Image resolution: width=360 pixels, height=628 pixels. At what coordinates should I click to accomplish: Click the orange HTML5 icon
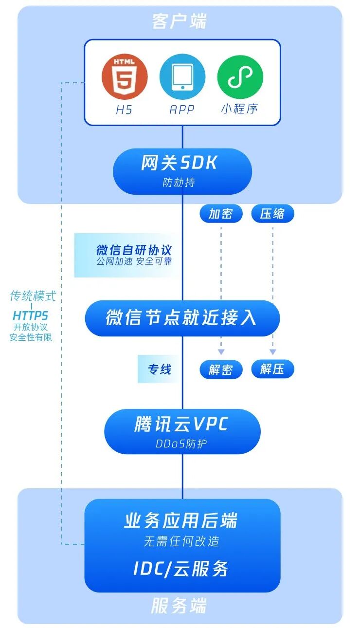pos(124,77)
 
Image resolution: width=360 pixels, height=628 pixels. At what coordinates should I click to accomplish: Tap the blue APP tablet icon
pos(182,77)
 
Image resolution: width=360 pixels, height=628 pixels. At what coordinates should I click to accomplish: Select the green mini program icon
pos(240,77)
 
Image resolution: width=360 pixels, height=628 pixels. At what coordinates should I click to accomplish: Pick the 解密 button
pos(221,369)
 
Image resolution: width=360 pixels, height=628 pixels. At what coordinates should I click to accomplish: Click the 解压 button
pos(272,369)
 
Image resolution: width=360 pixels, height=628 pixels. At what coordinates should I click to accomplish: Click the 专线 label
pos(160,369)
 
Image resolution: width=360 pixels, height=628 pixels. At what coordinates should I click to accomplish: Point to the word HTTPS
pos(31,316)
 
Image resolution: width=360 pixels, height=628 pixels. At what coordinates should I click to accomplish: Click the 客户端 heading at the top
pos(180,22)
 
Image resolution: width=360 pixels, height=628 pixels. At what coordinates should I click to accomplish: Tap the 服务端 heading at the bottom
pos(179,606)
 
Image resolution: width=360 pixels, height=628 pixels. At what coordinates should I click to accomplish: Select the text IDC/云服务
pos(181,569)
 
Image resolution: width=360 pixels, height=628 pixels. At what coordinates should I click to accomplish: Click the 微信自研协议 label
pos(134,250)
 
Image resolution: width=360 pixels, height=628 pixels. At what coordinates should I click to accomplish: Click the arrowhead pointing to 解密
pos(221,351)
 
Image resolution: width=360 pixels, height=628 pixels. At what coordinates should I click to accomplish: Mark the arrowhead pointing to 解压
pos(272,351)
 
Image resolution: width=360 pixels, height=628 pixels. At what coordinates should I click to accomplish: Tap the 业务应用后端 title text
pos(181,521)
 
